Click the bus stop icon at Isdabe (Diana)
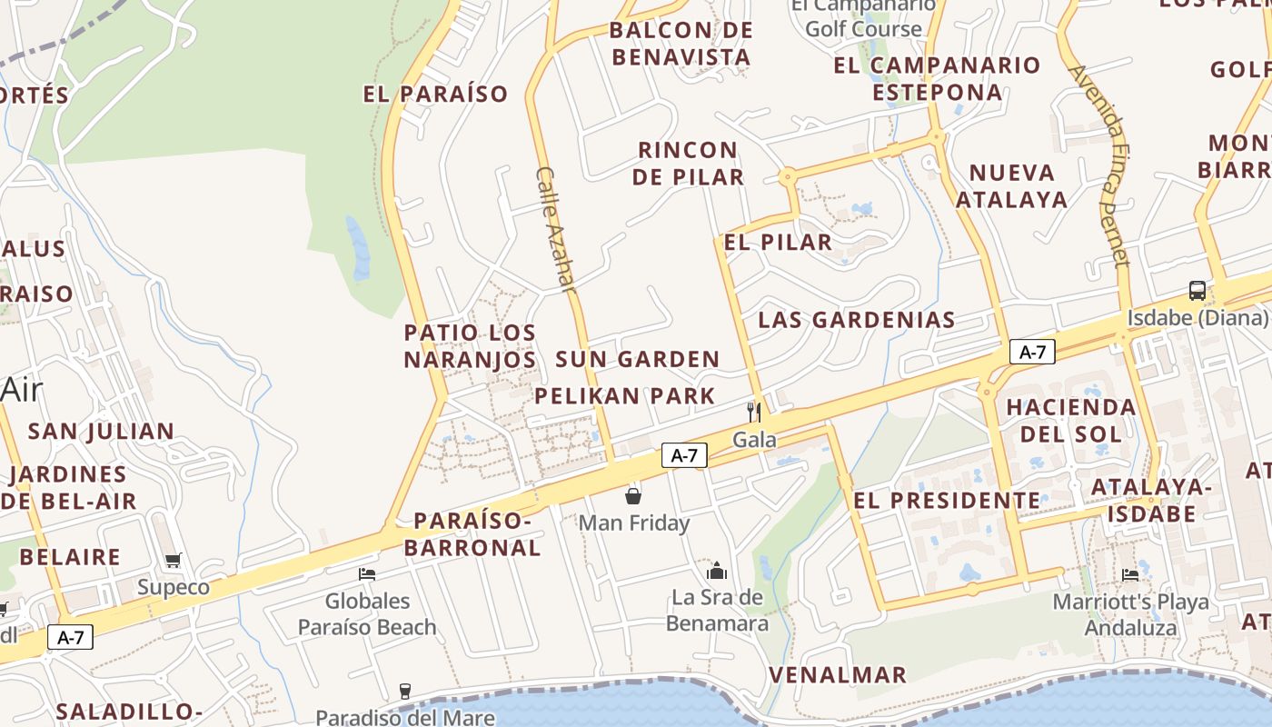click(x=1197, y=291)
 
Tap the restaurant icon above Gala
click(x=753, y=412)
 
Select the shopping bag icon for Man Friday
click(x=633, y=496)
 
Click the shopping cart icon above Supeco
click(x=173, y=560)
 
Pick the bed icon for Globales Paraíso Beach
click(x=367, y=573)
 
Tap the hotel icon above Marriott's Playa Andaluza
click(x=1130, y=574)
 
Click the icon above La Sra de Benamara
click(x=717, y=571)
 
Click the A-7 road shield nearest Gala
click(x=684, y=455)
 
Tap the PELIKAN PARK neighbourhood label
click(x=625, y=396)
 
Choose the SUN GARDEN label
click(x=638, y=360)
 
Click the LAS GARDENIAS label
click(x=856, y=320)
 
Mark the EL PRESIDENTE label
click(x=947, y=501)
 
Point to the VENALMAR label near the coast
click(x=838, y=675)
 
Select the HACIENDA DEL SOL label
click(x=1071, y=420)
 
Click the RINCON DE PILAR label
click(x=688, y=164)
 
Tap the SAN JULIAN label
click(x=101, y=432)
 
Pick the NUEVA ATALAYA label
click(x=1011, y=186)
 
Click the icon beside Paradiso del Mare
click(x=405, y=692)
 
